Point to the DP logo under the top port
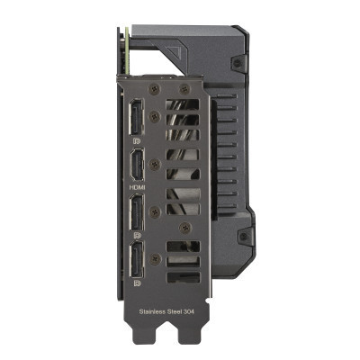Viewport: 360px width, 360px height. coord(136,141)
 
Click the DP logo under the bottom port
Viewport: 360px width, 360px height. coord(137,283)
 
